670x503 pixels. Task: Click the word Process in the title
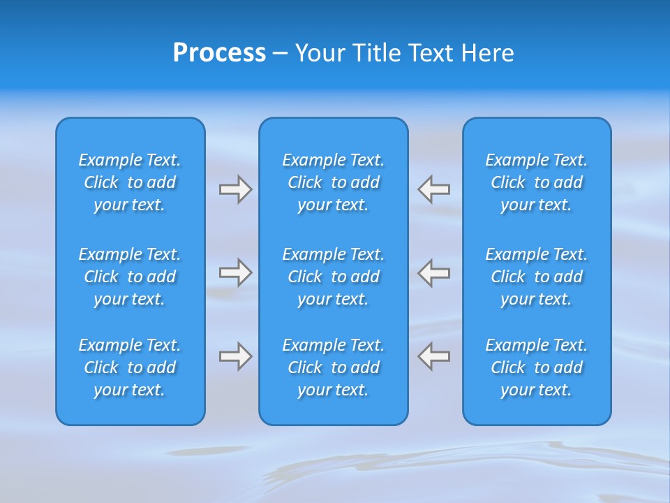pyautogui.click(x=219, y=53)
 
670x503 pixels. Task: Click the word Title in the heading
pyautogui.click(x=378, y=53)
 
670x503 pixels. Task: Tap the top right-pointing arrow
pyautogui.click(x=235, y=189)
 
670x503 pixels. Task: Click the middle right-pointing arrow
pyautogui.click(x=235, y=272)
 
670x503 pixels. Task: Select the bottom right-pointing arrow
pyautogui.click(x=235, y=356)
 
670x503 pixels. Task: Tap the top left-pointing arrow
pyautogui.click(x=434, y=189)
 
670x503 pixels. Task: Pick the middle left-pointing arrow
pyautogui.click(x=434, y=272)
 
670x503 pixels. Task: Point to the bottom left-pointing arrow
pyautogui.click(x=434, y=356)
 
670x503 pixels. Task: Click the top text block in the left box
pyautogui.click(x=130, y=182)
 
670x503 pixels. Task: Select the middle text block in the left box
pyautogui.click(x=130, y=277)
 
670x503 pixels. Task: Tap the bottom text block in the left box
pyautogui.click(x=130, y=367)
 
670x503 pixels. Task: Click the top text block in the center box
pyautogui.click(x=333, y=182)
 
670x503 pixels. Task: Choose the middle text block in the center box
pyautogui.click(x=333, y=277)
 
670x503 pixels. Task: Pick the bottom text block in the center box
pyautogui.click(x=333, y=367)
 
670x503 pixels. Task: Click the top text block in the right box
pyautogui.click(x=537, y=182)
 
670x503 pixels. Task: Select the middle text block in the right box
pyautogui.click(x=537, y=277)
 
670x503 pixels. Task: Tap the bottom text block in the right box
pyautogui.click(x=537, y=367)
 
